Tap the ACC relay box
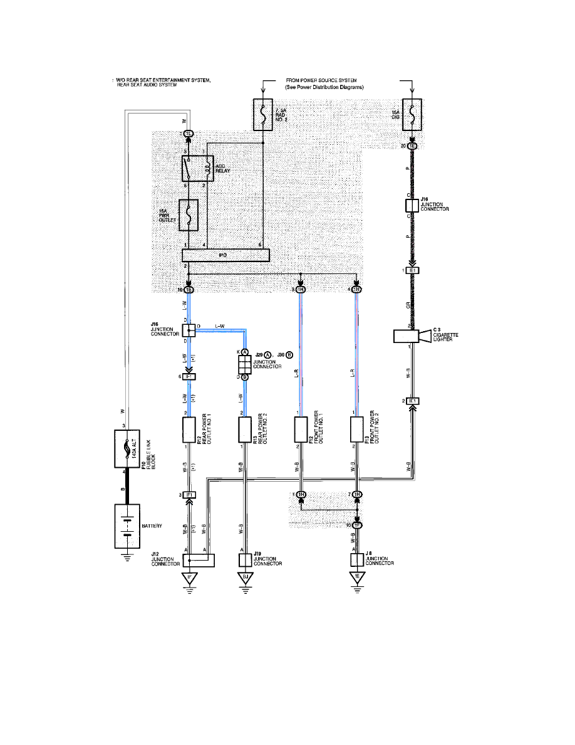tap(198, 169)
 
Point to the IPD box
tap(225, 255)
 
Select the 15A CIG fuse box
tap(412, 114)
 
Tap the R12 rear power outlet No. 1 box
tap(189, 430)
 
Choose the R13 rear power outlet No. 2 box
tap(244, 430)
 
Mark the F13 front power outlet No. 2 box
tap(357, 430)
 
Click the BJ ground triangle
tap(244, 578)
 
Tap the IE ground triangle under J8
tap(357, 578)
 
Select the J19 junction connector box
tap(244, 560)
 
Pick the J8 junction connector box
tap(357, 560)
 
